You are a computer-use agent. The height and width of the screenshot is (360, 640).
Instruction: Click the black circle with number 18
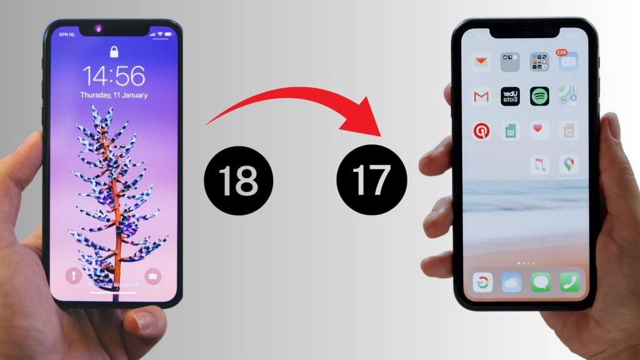(x=238, y=181)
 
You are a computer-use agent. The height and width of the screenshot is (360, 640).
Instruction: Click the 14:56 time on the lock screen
(x=114, y=76)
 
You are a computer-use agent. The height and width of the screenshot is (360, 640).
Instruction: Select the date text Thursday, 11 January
(x=114, y=96)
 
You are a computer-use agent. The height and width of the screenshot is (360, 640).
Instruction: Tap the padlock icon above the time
(x=114, y=51)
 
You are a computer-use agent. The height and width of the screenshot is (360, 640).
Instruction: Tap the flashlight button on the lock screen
(x=74, y=276)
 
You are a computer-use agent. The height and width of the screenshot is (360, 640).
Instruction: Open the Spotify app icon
(x=539, y=96)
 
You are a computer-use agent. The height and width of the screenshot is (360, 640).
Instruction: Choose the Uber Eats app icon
(x=510, y=96)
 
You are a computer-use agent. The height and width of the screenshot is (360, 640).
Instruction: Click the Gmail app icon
(x=481, y=96)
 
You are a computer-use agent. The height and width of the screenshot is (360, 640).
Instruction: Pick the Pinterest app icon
(x=481, y=131)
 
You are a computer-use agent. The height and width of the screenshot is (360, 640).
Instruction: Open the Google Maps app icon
(x=569, y=165)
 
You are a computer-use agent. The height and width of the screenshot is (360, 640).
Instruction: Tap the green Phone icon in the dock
(x=569, y=282)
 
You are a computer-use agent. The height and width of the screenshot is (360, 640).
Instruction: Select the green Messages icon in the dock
(x=541, y=282)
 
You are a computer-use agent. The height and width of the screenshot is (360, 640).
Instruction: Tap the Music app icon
(x=539, y=165)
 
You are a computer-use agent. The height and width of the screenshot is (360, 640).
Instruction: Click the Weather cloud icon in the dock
(x=511, y=282)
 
